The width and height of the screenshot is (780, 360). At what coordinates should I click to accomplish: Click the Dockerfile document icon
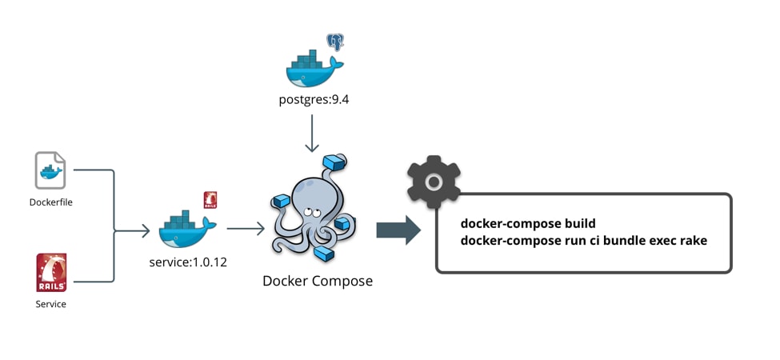(50, 170)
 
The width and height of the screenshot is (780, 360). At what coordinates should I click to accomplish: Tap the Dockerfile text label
(50, 202)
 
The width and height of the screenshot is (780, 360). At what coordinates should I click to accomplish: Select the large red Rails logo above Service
(51, 272)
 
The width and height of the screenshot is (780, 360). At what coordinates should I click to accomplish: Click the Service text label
(50, 304)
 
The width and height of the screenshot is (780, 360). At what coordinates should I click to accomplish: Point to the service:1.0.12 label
(188, 262)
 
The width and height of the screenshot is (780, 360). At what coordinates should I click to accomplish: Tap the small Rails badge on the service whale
(210, 199)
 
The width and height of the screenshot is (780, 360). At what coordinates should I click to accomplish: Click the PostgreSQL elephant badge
(334, 42)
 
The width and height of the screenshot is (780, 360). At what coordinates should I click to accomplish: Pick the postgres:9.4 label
(312, 102)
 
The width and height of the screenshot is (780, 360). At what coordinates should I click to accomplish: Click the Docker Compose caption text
(318, 281)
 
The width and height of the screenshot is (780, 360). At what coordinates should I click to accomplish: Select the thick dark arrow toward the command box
(398, 230)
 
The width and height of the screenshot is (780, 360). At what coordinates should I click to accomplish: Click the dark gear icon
(433, 182)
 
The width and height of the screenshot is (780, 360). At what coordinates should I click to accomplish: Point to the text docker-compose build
(528, 223)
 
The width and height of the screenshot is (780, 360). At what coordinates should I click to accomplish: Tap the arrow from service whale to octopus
(246, 230)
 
